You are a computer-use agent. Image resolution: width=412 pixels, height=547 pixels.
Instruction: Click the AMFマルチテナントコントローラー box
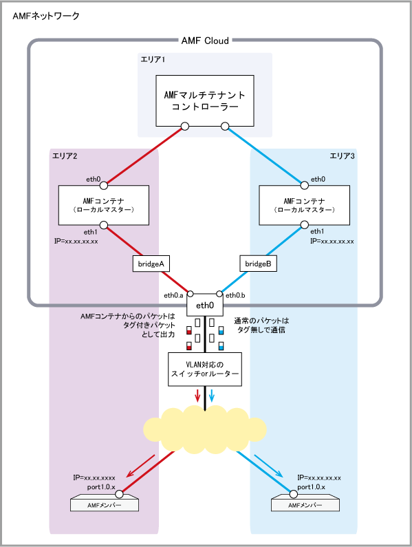pos(205,100)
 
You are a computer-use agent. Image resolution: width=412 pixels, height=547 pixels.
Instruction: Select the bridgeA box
pos(151,264)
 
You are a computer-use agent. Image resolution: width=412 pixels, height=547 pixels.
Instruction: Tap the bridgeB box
pos(258,264)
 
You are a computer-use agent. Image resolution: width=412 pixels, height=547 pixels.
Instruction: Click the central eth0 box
pos(205,305)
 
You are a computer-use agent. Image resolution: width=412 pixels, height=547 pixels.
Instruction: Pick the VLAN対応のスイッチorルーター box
pos(205,369)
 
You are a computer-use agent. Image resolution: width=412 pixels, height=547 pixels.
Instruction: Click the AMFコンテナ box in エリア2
pos(104,205)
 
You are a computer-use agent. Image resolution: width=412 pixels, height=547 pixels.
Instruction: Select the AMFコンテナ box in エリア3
pos(304,205)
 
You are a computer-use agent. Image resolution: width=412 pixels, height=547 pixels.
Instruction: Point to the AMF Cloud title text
pos(205,41)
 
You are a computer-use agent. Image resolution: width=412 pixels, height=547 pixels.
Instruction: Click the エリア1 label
pos(153,60)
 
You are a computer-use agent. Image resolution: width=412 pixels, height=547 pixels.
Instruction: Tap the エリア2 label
pos(65,156)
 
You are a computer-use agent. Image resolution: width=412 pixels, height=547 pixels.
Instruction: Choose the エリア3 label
pos(343,156)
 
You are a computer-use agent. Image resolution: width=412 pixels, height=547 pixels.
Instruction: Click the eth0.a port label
pos(173,295)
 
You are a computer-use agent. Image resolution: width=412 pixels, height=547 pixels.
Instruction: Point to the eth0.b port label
pos(235,295)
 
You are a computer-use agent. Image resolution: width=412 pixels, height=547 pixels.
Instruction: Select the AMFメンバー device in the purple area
pos(105,503)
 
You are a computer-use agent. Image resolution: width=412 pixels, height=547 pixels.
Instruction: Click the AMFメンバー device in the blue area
pos(305,503)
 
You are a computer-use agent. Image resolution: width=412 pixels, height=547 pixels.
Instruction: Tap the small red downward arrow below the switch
pos(198,396)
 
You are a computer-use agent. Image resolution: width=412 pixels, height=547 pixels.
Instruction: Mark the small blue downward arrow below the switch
pos(211,396)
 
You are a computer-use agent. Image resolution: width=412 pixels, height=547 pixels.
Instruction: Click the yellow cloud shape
pos(205,430)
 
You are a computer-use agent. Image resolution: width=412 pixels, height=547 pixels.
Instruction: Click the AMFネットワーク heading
pos(46,16)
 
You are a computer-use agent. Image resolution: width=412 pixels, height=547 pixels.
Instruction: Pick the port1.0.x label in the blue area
pos(311,487)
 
